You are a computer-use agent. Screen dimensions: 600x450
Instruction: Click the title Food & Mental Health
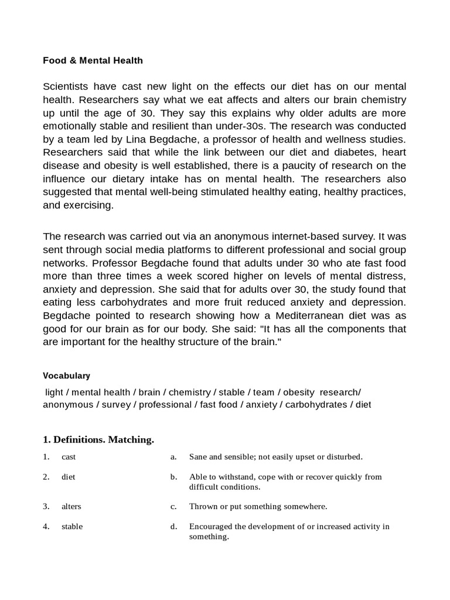click(x=93, y=60)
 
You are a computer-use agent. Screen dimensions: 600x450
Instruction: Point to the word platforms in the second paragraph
click(x=195, y=249)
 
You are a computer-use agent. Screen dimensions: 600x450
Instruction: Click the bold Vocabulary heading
click(x=66, y=376)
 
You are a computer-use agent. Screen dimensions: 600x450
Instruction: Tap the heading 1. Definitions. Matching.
click(x=98, y=439)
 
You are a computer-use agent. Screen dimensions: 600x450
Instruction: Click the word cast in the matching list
click(x=69, y=456)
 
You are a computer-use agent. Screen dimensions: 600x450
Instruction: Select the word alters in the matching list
click(x=71, y=506)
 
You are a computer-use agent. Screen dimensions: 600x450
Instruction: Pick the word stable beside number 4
click(x=72, y=526)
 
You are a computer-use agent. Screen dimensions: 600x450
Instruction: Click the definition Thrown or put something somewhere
click(x=258, y=506)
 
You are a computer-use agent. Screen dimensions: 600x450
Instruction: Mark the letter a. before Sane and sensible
click(x=174, y=456)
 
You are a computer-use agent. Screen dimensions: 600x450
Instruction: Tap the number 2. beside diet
click(x=46, y=476)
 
